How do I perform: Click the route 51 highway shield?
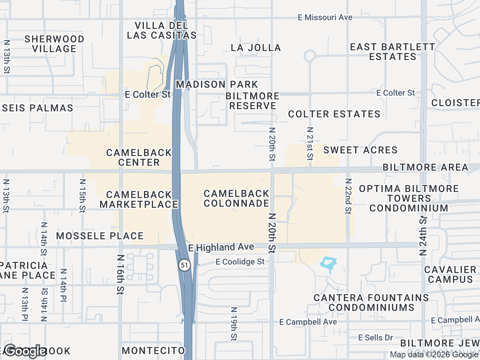click(184, 265)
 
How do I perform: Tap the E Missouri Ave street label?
click(325, 17)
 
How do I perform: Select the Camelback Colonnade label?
click(236, 198)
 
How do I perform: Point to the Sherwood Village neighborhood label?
click(54, 44)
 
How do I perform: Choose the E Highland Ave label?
click(221, 247)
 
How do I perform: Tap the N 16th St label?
click(120, 274)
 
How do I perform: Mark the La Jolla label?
click(256, 48)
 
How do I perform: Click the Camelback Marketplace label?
click(139, 199)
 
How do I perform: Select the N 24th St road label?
click(423, 235)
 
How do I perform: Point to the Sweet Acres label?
click(360, 150)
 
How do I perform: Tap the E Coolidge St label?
click(240, 262)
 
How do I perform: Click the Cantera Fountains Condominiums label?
click(371, 303)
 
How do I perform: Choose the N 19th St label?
click(234, 324)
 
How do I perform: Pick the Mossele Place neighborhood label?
click(100, 236)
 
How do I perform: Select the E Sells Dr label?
click(375, 337)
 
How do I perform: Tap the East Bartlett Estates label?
click(392, 52)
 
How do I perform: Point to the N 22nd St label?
click(348, 196)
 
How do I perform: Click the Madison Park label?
click(217, 84)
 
